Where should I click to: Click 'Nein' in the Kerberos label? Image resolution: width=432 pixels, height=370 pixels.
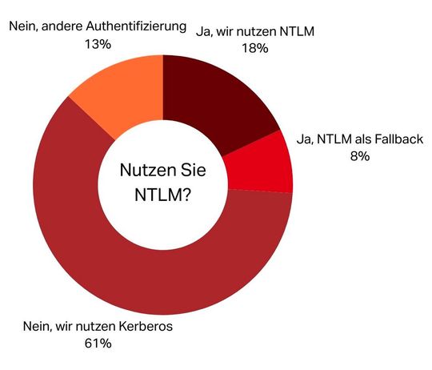[36, 327]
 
